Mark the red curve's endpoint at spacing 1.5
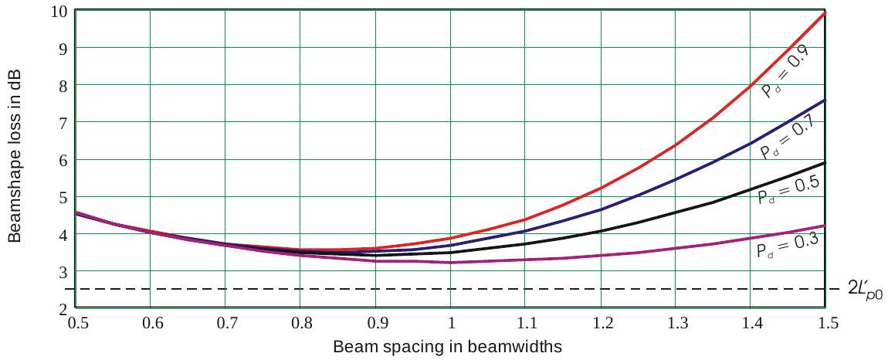tap(825, 13)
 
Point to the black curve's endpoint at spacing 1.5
tap(825, 162)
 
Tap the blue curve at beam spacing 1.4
tap(751, 142)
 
